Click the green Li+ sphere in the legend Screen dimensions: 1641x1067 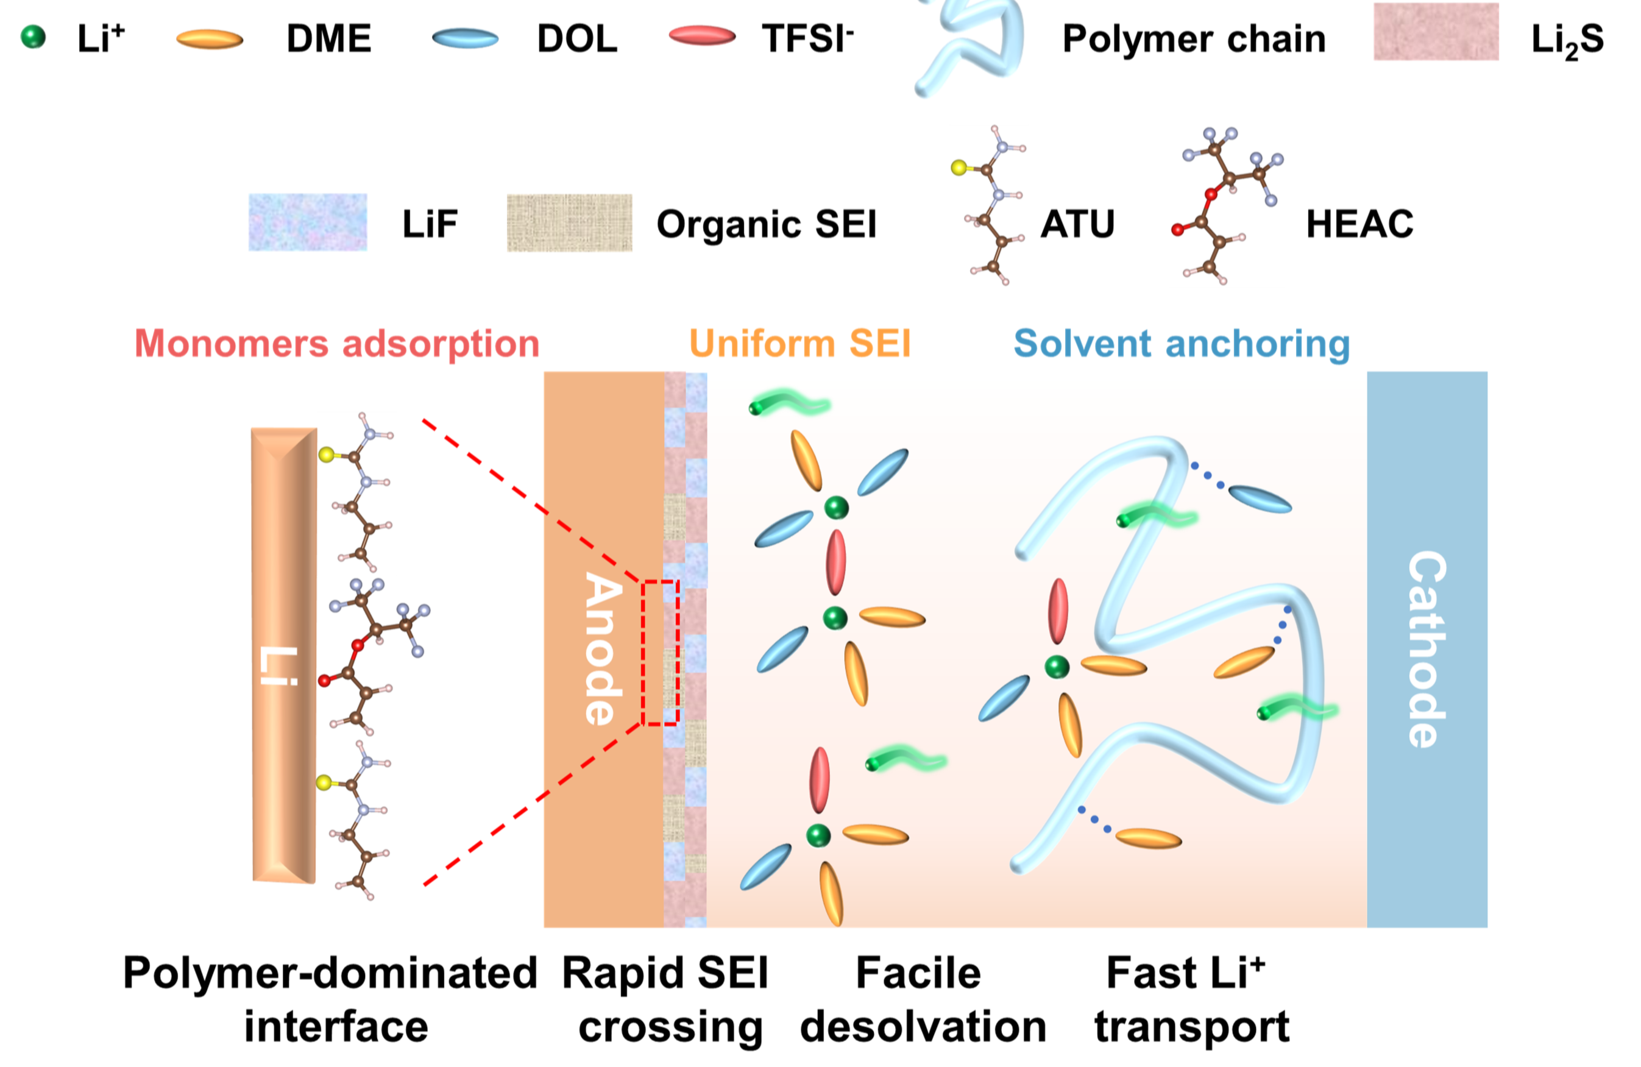33,37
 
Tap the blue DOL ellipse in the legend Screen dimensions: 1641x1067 466,38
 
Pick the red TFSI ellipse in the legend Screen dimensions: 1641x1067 703,35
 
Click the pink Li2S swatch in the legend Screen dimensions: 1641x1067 1436,31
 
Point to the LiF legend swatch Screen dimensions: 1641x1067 308,222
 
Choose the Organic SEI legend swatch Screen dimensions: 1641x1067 570,223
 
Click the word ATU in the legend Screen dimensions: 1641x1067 1078,224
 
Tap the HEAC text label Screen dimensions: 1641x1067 1359,224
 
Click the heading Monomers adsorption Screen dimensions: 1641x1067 337,344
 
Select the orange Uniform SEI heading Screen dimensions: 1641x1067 800,343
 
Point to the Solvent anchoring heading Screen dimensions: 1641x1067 1182,344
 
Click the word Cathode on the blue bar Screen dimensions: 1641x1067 1427,649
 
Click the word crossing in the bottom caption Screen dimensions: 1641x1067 670,1027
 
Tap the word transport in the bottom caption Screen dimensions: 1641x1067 1192,1027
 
